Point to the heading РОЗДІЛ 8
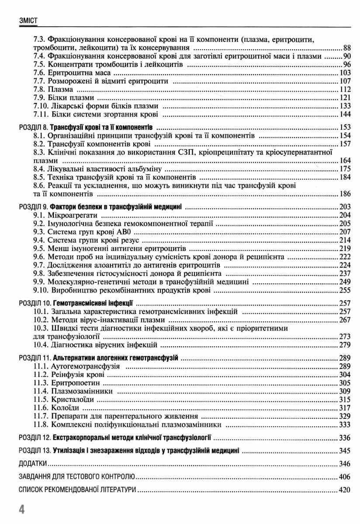coord(33,128)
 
